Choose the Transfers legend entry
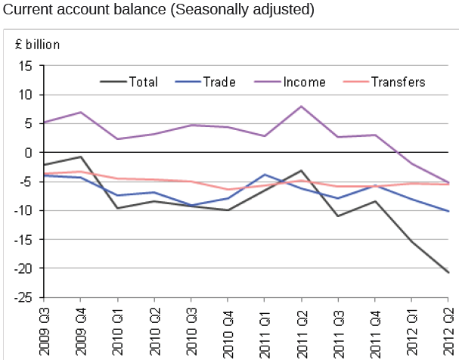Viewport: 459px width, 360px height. point(398,82)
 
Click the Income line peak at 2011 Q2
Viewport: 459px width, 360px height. point(302,107)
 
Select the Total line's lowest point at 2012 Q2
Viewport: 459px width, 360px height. point(449,272)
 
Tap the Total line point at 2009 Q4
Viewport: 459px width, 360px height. point(81,157)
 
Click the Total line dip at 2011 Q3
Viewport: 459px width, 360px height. point(339,216)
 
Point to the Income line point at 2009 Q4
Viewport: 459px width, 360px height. point(81,112)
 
